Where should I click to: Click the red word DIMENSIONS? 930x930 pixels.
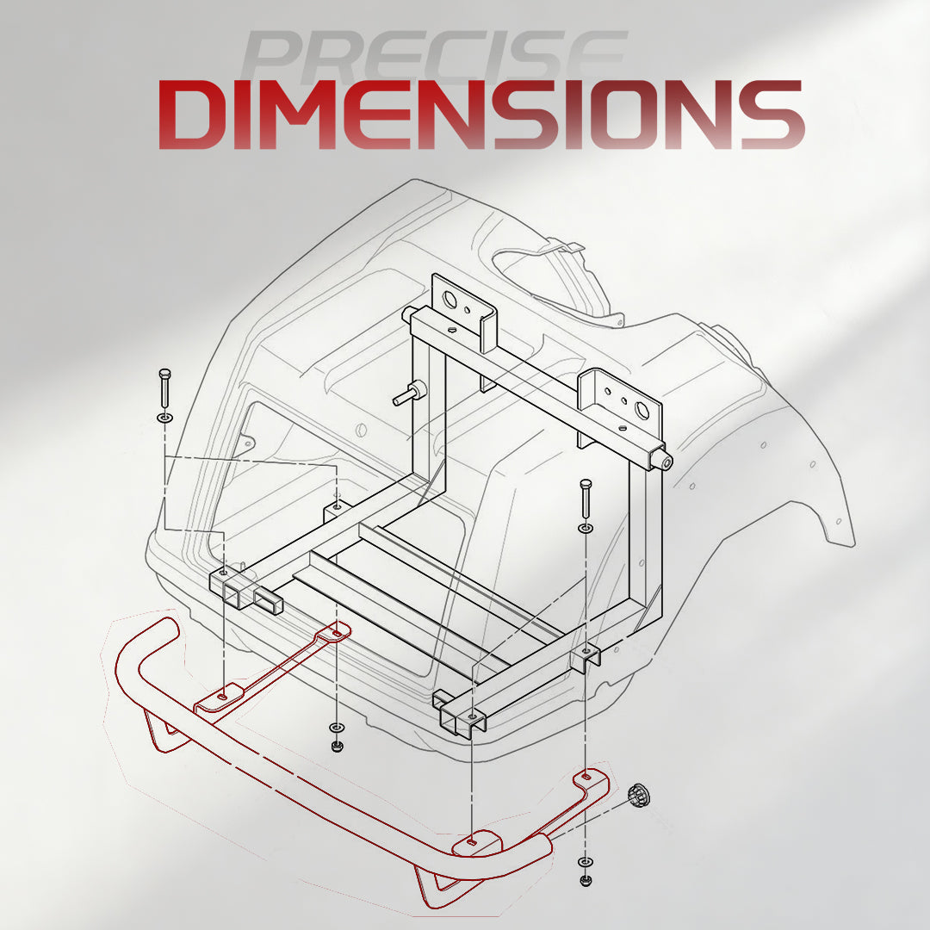click(x=481, y=115)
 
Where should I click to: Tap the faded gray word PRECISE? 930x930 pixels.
click(x=435, y=56)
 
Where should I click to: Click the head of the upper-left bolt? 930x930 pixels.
click(x=164, y=375)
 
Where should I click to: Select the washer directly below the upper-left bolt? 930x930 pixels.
click(x=164, y=418)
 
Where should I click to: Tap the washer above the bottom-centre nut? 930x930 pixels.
click(x=337, y=727)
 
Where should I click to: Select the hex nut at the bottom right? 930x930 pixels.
click(x=586, y=880)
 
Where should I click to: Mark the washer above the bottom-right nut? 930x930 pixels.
click(x=586, y=861)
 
